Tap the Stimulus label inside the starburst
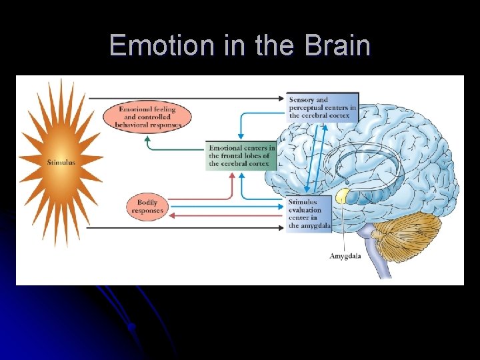point(61,162)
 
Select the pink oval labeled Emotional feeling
point(147,117)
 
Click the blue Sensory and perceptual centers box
point(323,107)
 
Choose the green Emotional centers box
point(241,155)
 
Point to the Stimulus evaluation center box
point(308,214)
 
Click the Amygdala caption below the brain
point(345,256)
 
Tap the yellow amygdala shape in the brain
point(343,195)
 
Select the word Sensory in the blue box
point(303,100)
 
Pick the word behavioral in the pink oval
point(131,125)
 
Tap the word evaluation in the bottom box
point(305,210)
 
